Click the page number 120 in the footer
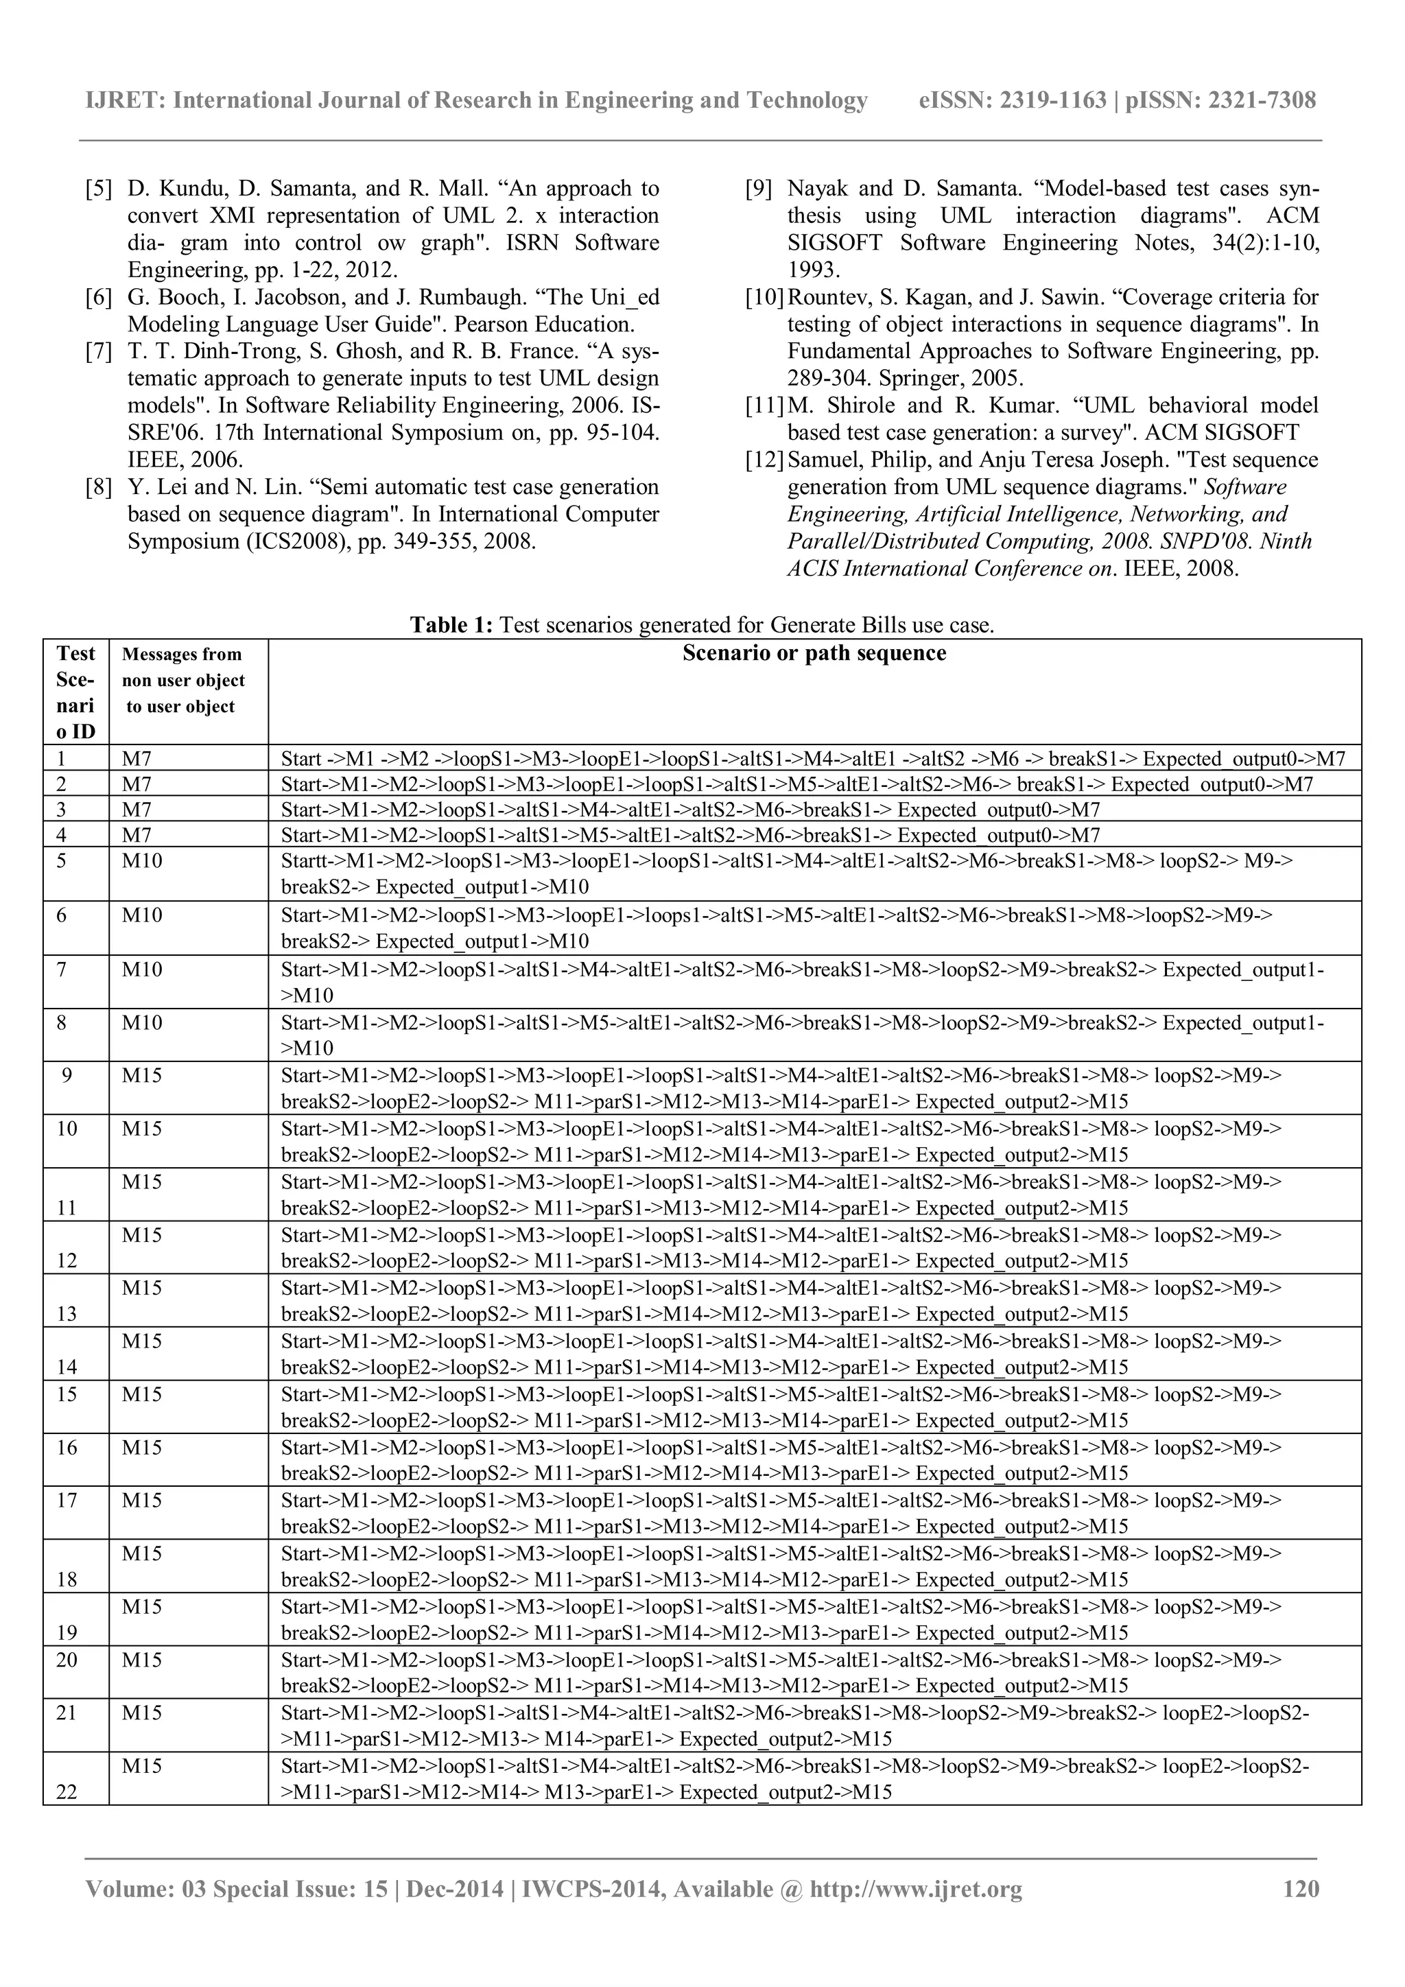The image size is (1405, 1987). [1300, 1888]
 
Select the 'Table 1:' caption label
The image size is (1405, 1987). [451, 625]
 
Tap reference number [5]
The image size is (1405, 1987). [99, 189]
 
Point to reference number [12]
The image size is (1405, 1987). [765, 460]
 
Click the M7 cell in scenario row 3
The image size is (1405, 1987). [136, 810]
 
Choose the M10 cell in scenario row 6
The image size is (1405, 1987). [142, 915]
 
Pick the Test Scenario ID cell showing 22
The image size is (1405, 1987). [67, 1792]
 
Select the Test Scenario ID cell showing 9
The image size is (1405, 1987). [67, 1076]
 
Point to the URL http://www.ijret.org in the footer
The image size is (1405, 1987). [915, 1888]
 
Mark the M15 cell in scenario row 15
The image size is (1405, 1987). [142, 1395]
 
